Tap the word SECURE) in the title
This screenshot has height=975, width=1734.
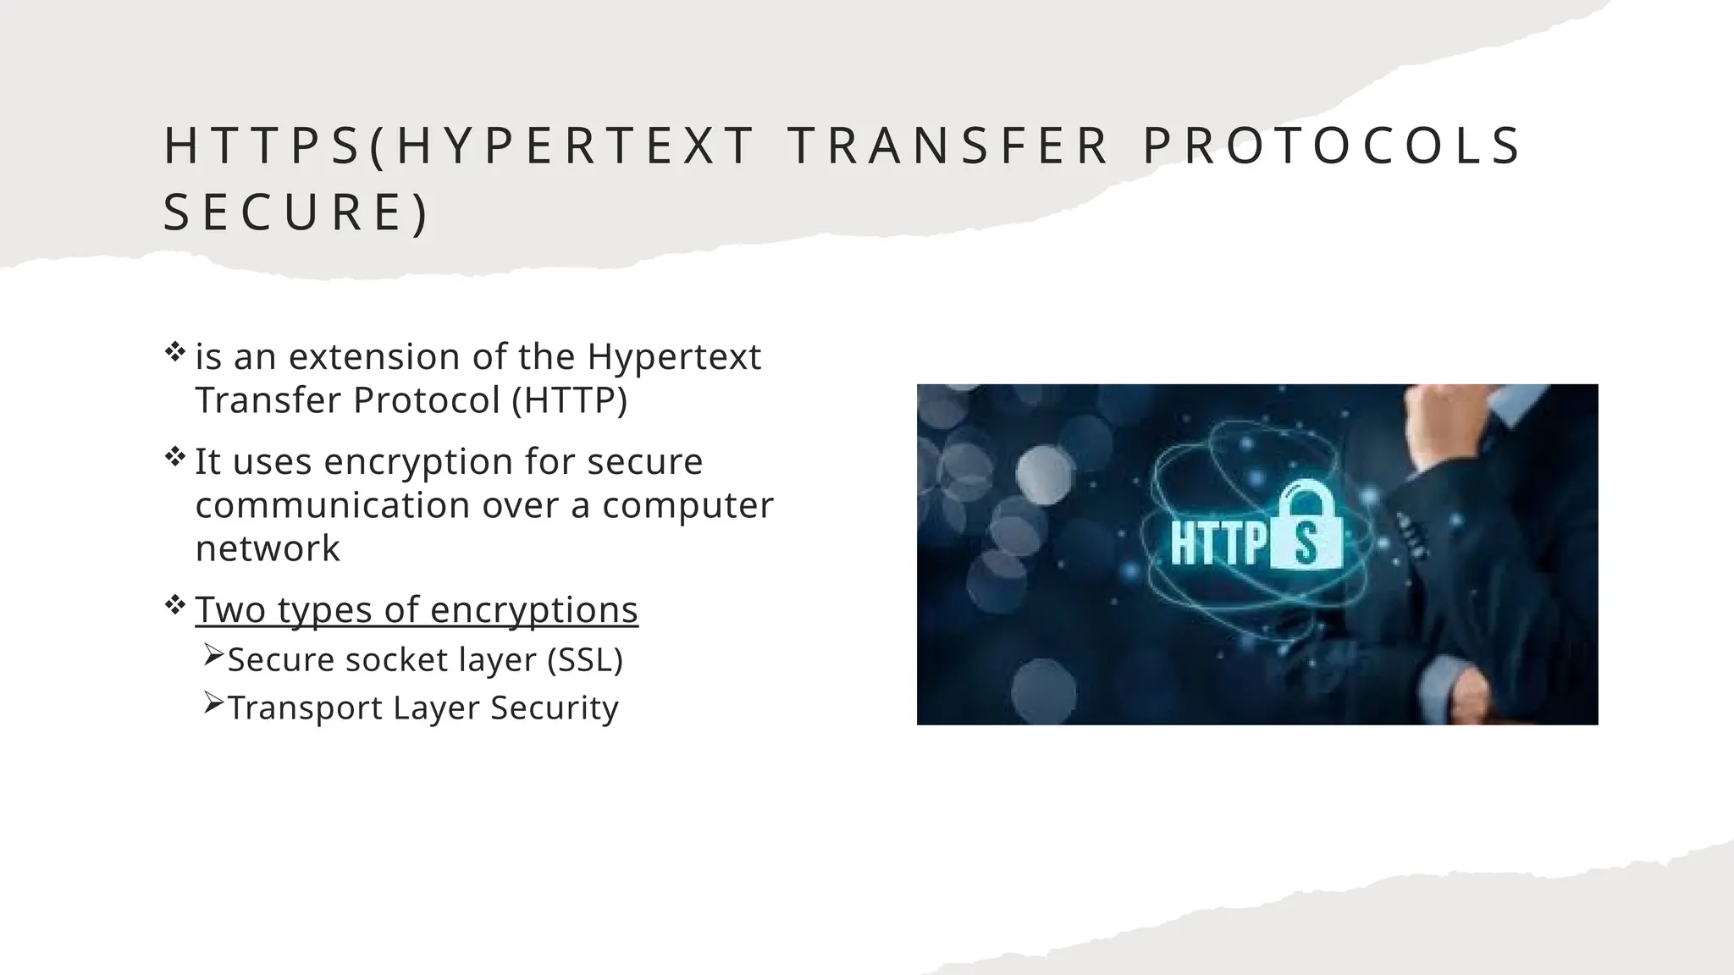tap(296, 212)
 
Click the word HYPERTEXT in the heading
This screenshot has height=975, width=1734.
tap(576, 146)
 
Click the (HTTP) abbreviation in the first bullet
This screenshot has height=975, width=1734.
tap(569, 400)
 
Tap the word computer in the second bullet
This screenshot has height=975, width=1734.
tap(688, 505)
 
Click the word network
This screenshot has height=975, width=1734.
tap(268, 548)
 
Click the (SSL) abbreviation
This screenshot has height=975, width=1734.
tap(585, 659)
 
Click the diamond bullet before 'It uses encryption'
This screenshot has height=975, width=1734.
tap(175, 458)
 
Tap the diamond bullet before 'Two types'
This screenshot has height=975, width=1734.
tap(175, 604)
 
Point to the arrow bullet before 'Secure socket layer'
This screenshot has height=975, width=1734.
tap(213, 655)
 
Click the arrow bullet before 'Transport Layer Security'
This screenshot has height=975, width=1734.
tap(213, 703)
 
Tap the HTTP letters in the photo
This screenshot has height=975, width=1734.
tap(1219, 543)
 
